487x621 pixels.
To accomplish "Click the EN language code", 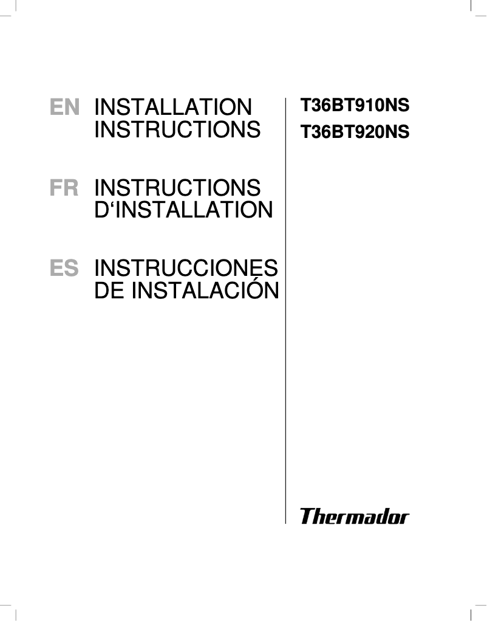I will [x=64, y=108].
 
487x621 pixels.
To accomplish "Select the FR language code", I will [x=64, y=188].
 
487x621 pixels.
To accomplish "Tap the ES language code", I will [x=64, y=269].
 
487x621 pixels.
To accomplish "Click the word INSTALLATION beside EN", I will [x=173, y=108].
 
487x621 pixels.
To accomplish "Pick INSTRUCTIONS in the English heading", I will [x=177, y=130].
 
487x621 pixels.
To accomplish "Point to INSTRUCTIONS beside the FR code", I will [x=177, y=188].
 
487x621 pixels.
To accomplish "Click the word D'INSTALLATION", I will [x=183, y=210].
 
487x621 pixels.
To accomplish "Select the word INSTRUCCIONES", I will [x=186, y=269].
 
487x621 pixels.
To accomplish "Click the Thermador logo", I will [x=355, y=517].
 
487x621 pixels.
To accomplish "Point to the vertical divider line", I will [x=285, y=304].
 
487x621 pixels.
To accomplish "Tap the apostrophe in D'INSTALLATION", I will [x=111, y=203].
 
